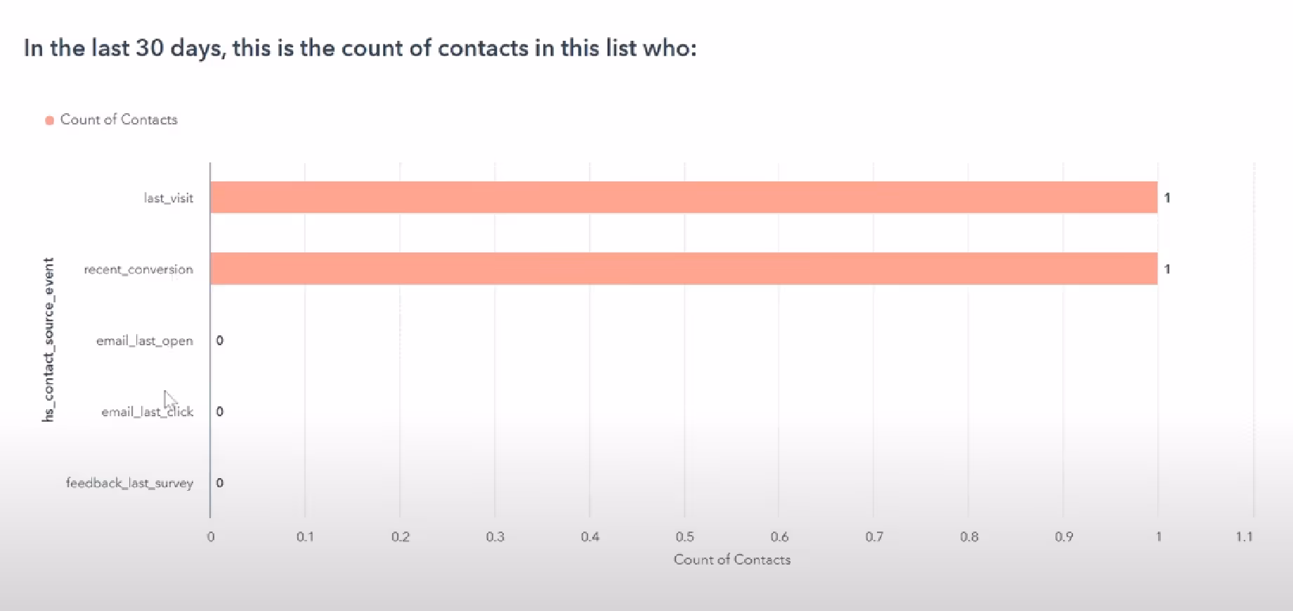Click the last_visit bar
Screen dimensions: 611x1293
[x=683, y=198]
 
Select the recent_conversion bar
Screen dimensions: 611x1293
[x=683, y=269]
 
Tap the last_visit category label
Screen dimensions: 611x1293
[x=168, y=198]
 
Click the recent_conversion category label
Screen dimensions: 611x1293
[x=138, y=269]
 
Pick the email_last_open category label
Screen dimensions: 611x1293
[x=144, y=341]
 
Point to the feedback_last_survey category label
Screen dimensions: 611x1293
[x=129, y=483]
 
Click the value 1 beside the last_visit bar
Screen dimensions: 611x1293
[x=1167, y=198]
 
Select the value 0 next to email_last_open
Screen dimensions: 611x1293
[x=220, y=341]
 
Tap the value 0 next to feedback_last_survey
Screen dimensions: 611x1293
[x=220, y=483]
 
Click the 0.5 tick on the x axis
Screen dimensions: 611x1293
[x=684, y=537]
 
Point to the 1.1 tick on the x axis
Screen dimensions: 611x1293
[x=1244, y=537]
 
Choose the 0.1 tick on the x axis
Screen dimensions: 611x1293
[x=305, y=537]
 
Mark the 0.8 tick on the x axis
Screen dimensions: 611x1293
[x=969, y=537]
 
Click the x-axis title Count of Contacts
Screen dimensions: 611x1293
[x=732, y=560]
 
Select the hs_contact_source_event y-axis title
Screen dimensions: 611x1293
[x=48, y=340]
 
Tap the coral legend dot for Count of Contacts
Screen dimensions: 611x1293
[x=50, y=120]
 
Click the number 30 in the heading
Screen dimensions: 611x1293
[x=150, y=48]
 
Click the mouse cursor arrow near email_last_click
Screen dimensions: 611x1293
[x=169, y=399]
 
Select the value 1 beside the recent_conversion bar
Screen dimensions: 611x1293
[x=1167, y=269]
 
